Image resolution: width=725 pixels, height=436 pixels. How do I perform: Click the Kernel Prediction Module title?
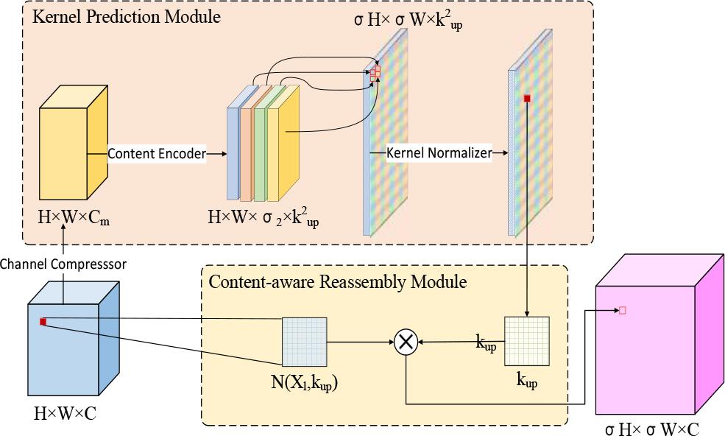(126, 16)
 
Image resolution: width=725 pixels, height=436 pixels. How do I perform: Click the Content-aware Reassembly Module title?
(339, 281)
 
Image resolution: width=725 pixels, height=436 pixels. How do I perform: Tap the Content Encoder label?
(156, 154)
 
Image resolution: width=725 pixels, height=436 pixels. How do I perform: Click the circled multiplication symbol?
(406, 342)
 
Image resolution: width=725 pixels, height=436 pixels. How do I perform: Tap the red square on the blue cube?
(43, 322)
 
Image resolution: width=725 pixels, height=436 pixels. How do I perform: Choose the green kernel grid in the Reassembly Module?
(526, 340)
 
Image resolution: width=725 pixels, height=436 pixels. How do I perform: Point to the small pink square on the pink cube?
(622, 311)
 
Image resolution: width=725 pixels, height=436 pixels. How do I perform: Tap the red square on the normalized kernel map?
(527, 98)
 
